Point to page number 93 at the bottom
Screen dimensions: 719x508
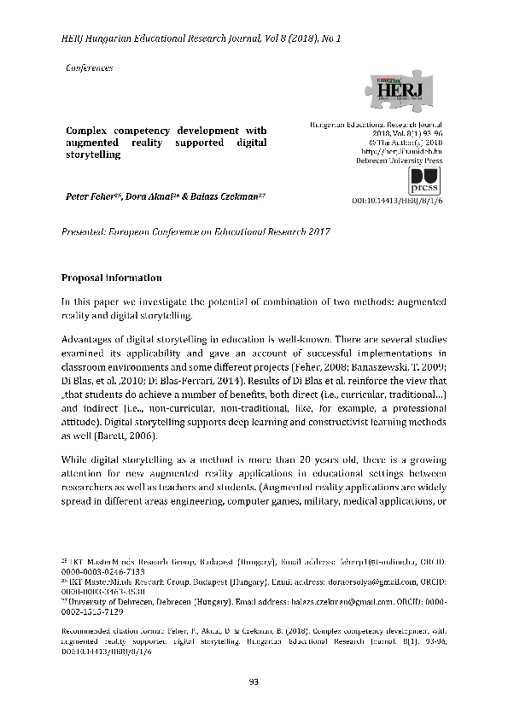click(254, 681)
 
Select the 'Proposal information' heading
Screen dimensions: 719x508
click(111, 278)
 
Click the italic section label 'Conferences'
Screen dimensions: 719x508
click(89, 67)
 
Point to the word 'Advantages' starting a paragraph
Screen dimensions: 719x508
click(89, 339)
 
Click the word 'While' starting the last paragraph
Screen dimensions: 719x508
click(75, 459)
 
